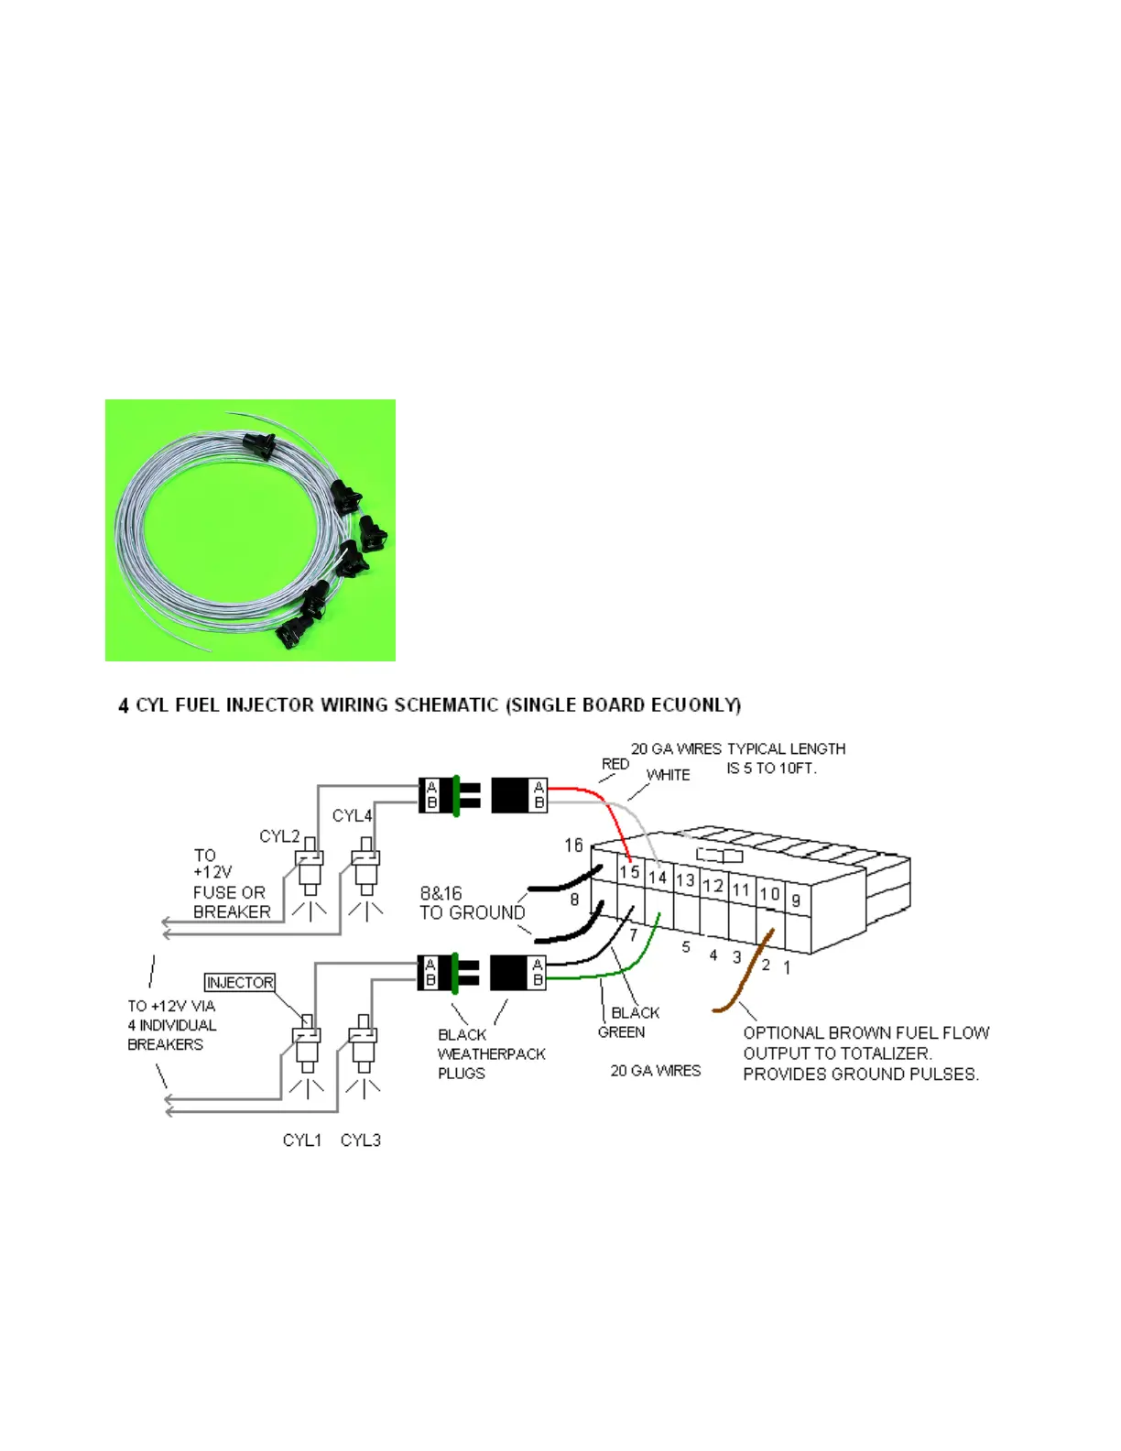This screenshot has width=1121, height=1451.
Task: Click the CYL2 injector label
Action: point(279,836)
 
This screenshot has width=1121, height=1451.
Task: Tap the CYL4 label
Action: point(352,815)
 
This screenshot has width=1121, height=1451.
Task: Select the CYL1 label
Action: point(302,1140)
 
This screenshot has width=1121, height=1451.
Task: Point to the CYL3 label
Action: point(361,1140)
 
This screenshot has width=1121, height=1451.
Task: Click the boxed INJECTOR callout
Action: point(240,983)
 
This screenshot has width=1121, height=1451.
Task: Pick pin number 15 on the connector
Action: point(629,871)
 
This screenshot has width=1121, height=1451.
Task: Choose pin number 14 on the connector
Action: point(658,877)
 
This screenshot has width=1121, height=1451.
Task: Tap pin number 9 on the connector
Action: point(796,900)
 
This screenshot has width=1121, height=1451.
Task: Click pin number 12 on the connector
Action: point(713,886)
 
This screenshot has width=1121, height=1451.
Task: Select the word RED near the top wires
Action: point(615,764)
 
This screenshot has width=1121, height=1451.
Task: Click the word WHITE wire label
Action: point(669,775)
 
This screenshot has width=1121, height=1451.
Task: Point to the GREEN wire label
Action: point(621,1032)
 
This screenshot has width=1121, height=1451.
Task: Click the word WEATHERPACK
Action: point(492,1054)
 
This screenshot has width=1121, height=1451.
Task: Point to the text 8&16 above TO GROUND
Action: point(441,893)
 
